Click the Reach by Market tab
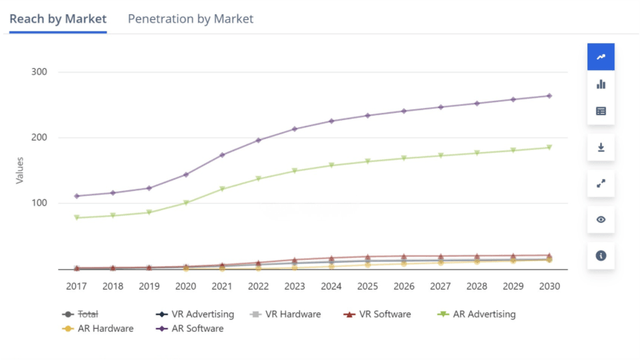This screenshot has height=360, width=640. (x=58, y=19)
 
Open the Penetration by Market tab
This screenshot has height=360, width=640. (x=190, y=19)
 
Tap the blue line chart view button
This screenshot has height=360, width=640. (x=601, y=57)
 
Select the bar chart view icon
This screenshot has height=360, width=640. (x=601, y=84)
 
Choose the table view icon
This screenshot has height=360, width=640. (x=601, y=111)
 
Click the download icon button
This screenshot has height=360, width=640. (x=601, y=147)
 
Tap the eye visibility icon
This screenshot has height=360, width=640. (x=601, y=219)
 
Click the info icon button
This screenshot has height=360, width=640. (x=601, y=256)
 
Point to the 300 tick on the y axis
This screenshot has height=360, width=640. (x=40, y=72)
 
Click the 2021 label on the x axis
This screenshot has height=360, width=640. (x=222, y=286)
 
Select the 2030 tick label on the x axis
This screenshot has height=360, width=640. (x=549, y=286)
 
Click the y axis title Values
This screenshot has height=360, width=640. (x=20, y=170)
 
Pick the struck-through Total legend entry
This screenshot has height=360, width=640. (x=87, y=314)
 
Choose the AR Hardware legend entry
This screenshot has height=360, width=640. (x=105, y=329)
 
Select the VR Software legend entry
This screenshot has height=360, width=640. (x=384, y=314)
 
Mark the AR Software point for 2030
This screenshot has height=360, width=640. (x=549, y=96)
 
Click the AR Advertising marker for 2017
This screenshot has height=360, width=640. (x=77, y=218)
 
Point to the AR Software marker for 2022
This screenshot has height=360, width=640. (x=259, y=140)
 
